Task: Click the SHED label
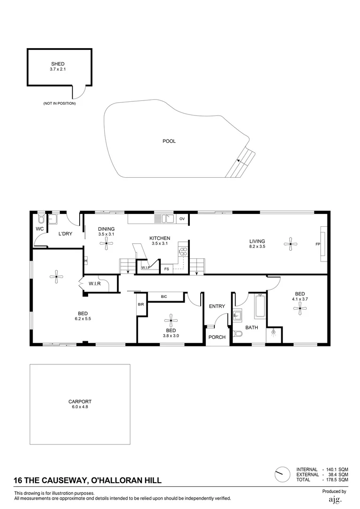tap(57, 64)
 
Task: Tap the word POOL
tap(169, 141)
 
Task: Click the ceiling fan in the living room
tap(291, 243)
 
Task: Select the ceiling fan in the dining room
tap(106, 243)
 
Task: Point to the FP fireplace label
tap(318, 244)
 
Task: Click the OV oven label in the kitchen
tap(182, 219)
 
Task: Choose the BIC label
tap(164, 296)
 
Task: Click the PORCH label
tap(217, 337)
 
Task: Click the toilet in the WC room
tap(41, 219)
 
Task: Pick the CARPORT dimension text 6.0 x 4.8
tap(80, 407)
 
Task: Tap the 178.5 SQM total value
tap(337, 480)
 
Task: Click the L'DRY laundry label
tap(65, 234)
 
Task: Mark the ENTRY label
tap(217, 306)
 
